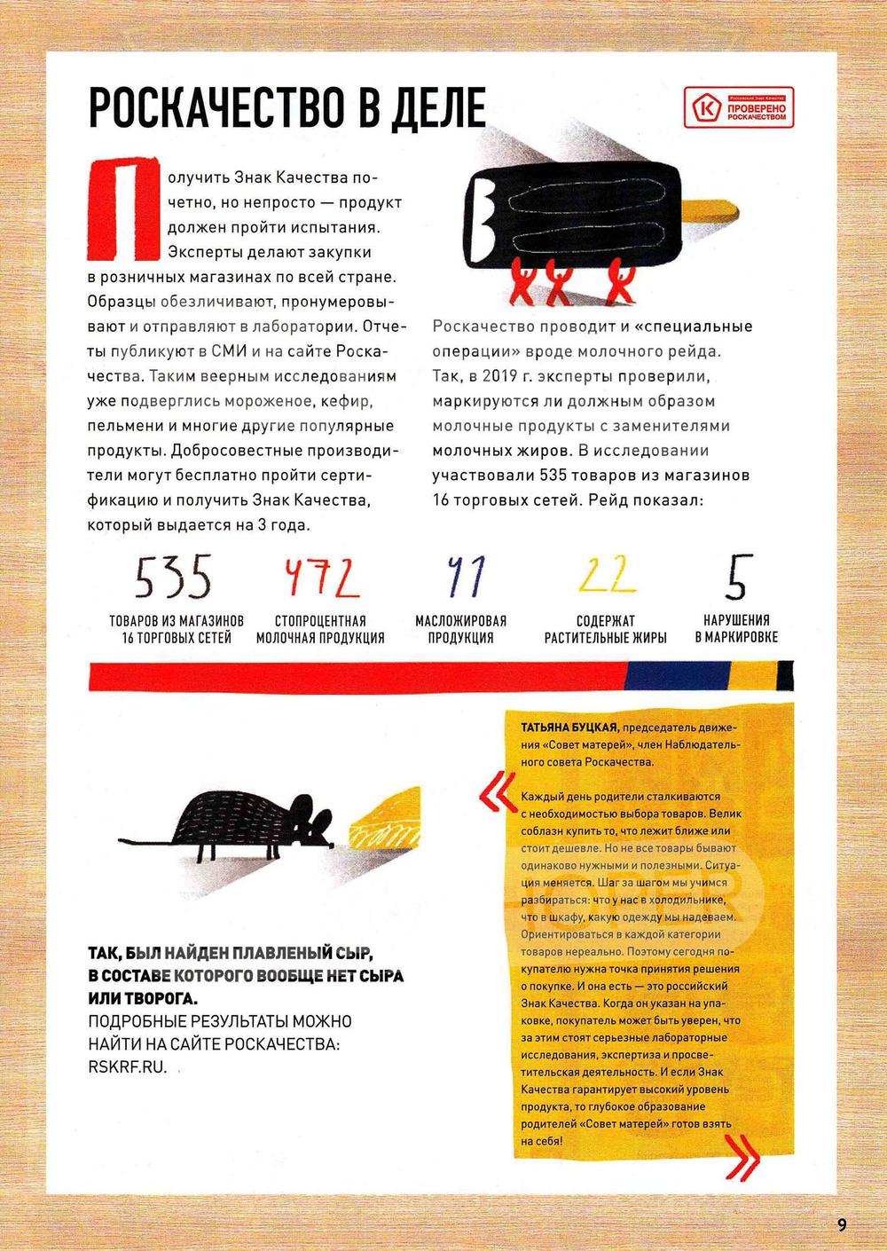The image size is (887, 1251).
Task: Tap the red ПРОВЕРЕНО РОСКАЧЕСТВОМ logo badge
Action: click(x=741, y=109)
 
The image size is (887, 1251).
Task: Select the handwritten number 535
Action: click(x=174, y=578)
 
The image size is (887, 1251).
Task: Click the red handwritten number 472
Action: click(x=320, y=578)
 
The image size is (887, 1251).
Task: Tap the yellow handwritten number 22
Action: click(x=607, y=574)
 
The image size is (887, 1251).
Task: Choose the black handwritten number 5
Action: click(x=736, y=577)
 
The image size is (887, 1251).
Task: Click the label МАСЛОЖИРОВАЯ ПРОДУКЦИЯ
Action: click(x=461, y=629)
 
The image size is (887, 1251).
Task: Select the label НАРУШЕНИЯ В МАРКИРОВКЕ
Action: click(x=736, y=628)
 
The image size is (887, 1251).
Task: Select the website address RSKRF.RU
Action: click(x=128, y=1067)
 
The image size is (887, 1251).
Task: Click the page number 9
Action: click(x=842, y=1224)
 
